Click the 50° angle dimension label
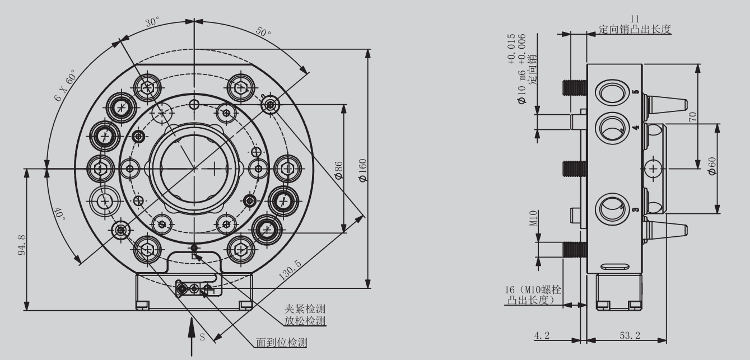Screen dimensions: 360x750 coord(263,31)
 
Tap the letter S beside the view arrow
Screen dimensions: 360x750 coord(203,338)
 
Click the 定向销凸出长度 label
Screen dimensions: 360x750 coord(635,29)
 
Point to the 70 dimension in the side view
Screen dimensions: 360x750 coord(692,116)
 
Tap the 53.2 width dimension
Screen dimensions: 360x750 coord(626,335)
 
